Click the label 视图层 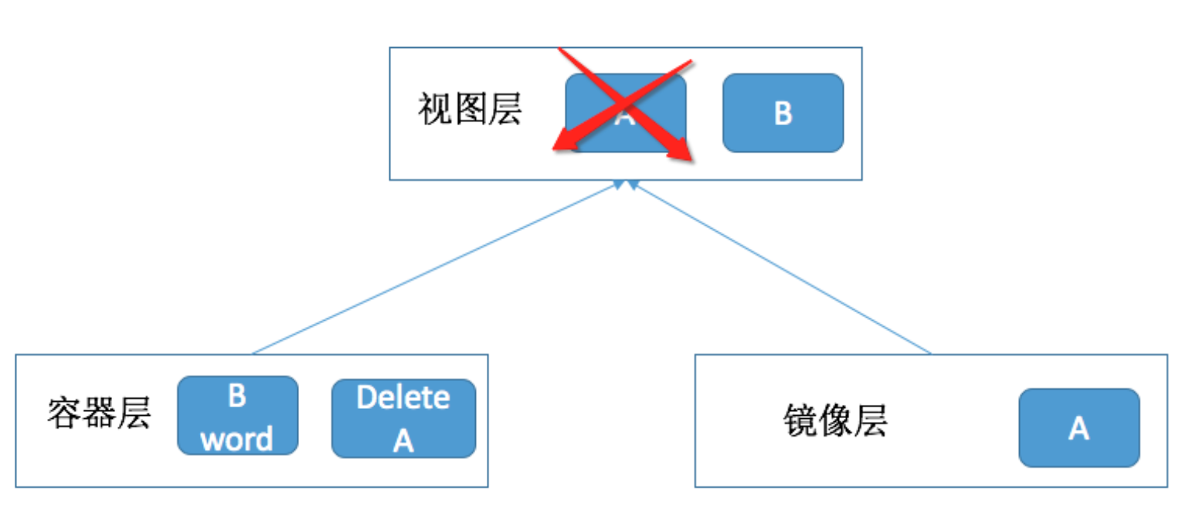coord(470,109)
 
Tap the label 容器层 coord(99,413)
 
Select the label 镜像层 coord(835,420)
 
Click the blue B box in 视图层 coord(783,113)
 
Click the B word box coord(238,416)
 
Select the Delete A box coord(404,419)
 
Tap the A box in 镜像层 coord(1079,428)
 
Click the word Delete coord(403,397)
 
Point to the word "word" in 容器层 coord(237,439)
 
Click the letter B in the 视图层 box coord(783,114)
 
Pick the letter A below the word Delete coord(404,441)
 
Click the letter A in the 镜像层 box coord(1079,428)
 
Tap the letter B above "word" coord(237,395)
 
